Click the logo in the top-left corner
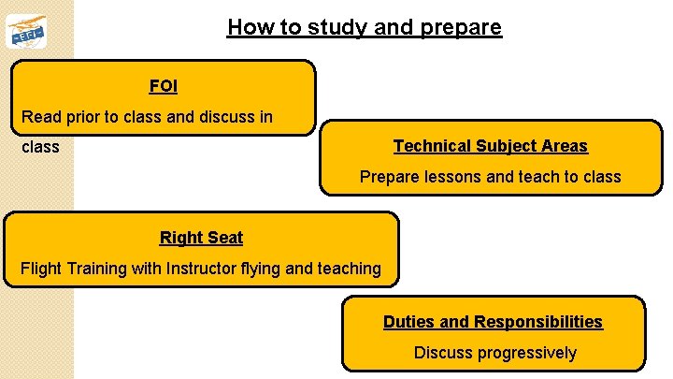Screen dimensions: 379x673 (25, 32)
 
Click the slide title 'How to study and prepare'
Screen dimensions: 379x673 (364, 27)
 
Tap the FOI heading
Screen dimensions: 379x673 (163, 86)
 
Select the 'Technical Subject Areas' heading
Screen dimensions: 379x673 (490, 145)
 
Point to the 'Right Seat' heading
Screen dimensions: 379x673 (201, 237)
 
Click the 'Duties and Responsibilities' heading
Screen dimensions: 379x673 (493, 321)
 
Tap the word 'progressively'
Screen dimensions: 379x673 (526, 353)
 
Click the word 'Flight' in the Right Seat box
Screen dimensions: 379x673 (40, 269)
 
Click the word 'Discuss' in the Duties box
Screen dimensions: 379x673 (443, 353)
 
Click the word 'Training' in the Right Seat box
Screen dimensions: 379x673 (96, 269)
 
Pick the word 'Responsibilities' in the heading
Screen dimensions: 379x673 (538, 321)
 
